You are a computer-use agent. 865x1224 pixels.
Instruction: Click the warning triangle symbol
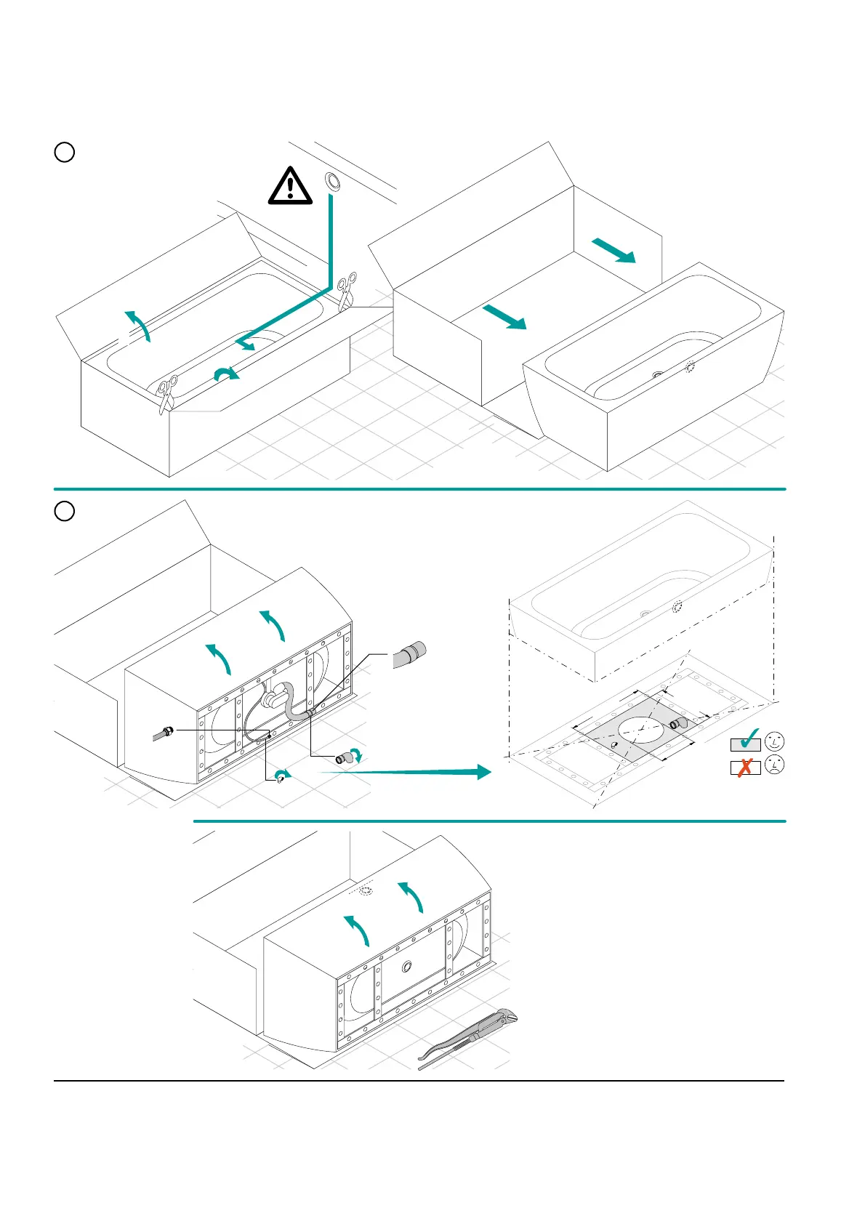click(290, 185)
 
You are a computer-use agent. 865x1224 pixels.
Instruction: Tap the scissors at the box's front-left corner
click(167, 393)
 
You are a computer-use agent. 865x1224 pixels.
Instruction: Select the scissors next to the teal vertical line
click(347, 289)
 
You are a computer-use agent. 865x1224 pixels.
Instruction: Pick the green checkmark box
click(746, 742)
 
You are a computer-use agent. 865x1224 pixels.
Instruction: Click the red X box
click(745, 767)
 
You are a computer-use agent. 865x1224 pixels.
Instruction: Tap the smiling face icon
click(775, 741)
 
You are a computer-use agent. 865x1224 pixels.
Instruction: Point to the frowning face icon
click(775, 765)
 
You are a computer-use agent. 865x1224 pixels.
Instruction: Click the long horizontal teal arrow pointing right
click(407, 772)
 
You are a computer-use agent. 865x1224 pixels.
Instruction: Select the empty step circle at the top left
click(65, 152)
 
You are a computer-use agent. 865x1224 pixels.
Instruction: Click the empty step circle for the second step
click(65, 511)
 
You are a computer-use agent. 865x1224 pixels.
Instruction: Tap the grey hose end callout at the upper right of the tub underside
click(411, 653)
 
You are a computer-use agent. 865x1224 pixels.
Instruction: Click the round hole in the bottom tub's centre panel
click(406, 966)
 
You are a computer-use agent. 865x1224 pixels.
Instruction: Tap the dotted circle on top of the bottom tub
click(367, 890)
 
